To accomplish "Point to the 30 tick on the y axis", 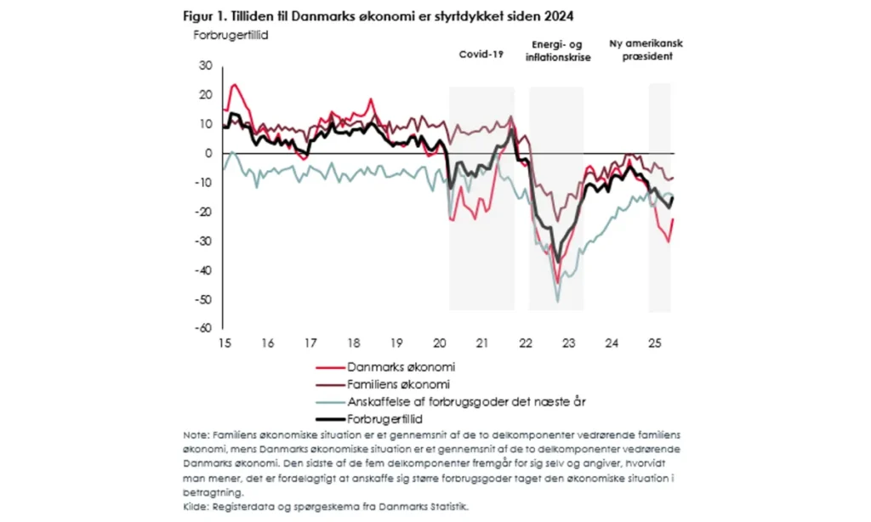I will click(204, 65).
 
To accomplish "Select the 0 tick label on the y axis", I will click(208, 153).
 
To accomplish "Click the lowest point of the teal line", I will click(558, 301).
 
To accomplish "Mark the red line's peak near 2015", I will click(234, 84).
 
